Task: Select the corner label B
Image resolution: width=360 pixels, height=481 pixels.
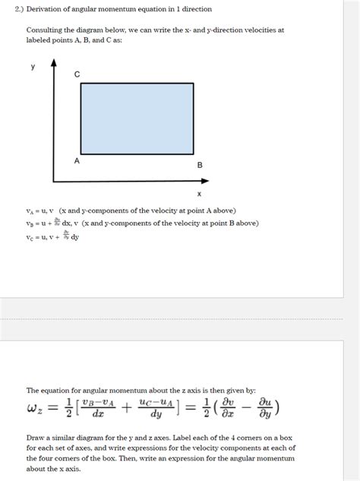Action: coord(200,165)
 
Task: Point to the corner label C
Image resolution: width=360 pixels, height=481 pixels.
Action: coord(77,74)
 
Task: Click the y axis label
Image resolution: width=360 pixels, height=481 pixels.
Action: coord(33,66)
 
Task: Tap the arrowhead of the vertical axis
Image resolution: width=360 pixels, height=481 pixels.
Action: coord(53,64)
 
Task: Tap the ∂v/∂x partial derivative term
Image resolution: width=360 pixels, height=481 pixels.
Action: coord(224,409)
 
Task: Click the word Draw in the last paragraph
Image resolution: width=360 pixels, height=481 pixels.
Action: coord(35,438)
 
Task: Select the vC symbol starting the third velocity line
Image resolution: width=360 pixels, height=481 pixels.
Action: coord(31,237)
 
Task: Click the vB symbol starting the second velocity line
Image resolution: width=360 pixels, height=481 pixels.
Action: coord(31,223)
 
